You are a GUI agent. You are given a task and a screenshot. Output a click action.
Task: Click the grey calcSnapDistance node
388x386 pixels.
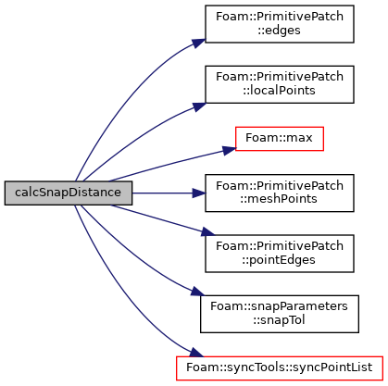tap(69, 193)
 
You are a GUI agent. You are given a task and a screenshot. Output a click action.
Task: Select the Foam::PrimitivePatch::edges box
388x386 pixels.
tap(280, 24)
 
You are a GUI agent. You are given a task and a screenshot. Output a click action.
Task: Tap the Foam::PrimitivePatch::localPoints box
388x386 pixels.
tap(280, 84)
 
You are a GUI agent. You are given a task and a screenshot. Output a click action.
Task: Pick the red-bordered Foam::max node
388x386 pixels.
tap(280, 139)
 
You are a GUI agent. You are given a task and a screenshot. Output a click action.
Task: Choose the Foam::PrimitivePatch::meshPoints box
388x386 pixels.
tap(280, 193)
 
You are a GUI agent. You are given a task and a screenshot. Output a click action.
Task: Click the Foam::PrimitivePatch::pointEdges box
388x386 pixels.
tap(280, 254)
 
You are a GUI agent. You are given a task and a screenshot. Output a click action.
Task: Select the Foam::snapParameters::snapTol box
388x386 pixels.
tap(280, 314)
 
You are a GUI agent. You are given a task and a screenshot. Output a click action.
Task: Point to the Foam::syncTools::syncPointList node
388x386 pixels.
tap(280, 368)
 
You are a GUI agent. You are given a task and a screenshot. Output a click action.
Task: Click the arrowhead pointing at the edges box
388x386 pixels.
tap(199, 44)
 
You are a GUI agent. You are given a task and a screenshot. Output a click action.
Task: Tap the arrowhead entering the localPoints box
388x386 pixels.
tap(199, 106)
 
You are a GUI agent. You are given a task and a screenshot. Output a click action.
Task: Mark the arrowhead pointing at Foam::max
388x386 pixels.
tap(230, 151)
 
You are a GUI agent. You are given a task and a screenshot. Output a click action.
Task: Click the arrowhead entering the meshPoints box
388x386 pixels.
tap(199, 193)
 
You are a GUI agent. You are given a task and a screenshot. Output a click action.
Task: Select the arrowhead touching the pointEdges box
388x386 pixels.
tap(207, 232)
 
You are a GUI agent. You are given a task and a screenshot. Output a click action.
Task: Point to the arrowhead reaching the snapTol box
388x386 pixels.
tap(197, 292)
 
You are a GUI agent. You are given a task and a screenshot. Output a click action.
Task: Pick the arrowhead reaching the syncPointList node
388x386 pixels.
tap(196, 353)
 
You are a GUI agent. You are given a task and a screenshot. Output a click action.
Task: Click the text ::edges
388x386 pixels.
tap(279, 31)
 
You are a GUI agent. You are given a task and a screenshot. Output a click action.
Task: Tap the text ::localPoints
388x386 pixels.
tap(279, 91)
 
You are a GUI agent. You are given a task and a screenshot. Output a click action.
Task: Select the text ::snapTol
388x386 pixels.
tap(279, 320)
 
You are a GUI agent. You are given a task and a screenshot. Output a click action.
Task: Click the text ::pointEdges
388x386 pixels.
tap(279, 260)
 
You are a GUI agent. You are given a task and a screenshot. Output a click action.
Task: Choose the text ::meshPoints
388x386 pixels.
tap(279, 199)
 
